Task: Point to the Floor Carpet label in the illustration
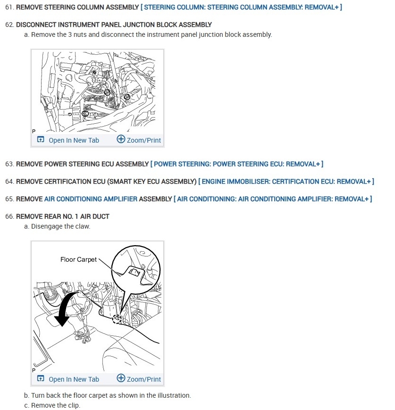click(x=78, y=259)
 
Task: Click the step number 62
click(x=9, y=25)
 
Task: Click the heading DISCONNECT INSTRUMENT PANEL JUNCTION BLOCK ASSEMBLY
click(x=114, y=25)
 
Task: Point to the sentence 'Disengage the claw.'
click(x=60, y=226)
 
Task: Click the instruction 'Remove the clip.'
click(x=56, y=405)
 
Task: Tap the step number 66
click(x=9, y=216)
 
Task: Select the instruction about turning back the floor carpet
click(x=111, y=395)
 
